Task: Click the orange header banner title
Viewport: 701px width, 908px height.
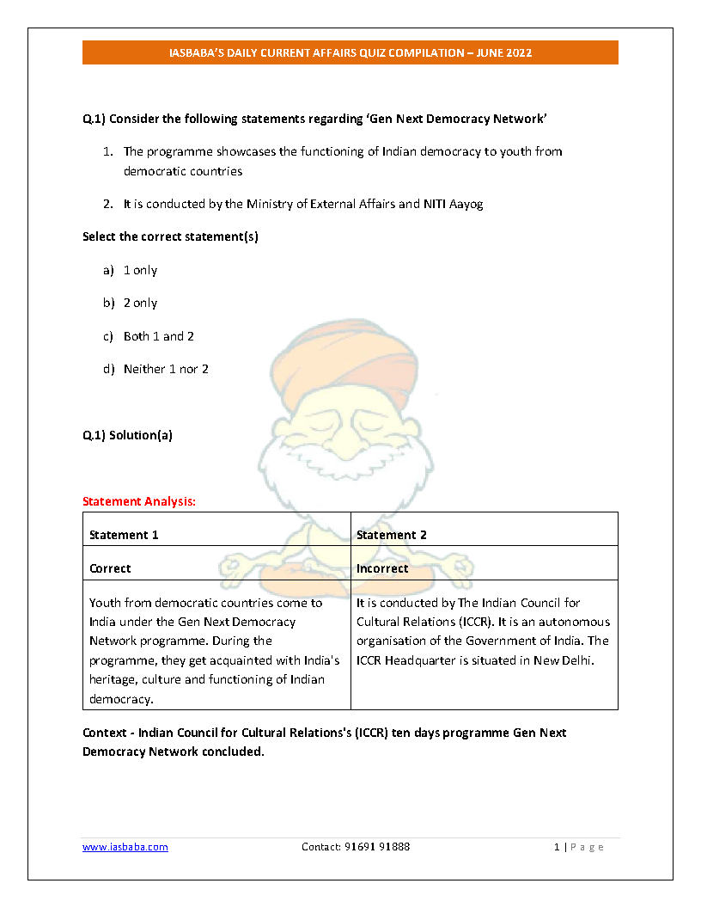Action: [350, 53]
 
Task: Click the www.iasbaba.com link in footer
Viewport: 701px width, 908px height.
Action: [125, 847]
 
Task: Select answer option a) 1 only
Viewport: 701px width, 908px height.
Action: [140, 270]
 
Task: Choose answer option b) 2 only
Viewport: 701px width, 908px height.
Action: [140, 303]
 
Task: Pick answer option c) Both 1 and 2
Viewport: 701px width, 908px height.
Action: [158, 336]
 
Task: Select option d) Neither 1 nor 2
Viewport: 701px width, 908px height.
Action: [165, 369]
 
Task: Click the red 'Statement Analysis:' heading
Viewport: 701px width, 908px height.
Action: [139, 500]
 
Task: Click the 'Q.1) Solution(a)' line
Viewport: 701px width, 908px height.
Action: [127, 435]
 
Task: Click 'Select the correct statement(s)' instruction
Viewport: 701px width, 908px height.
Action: [170, 236]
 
